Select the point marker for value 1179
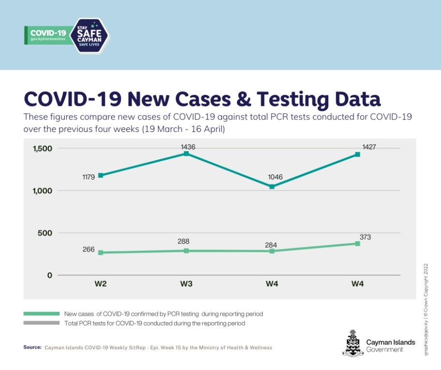tap(101, 175)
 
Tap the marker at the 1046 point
tap(272, 187)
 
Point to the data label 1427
tap(368, 147)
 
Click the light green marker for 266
tap(101, 252)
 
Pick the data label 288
tap(183, 241)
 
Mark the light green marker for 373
tap(357, 244)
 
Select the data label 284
tap(271, 245)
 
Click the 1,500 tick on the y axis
tap(42, 148)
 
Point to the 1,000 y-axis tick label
tap(42, 191)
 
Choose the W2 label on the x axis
tap(101, 284)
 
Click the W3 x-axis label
tap(186, 284)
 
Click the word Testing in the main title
tap(294, 99)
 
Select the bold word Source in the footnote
tap(32, 347)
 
